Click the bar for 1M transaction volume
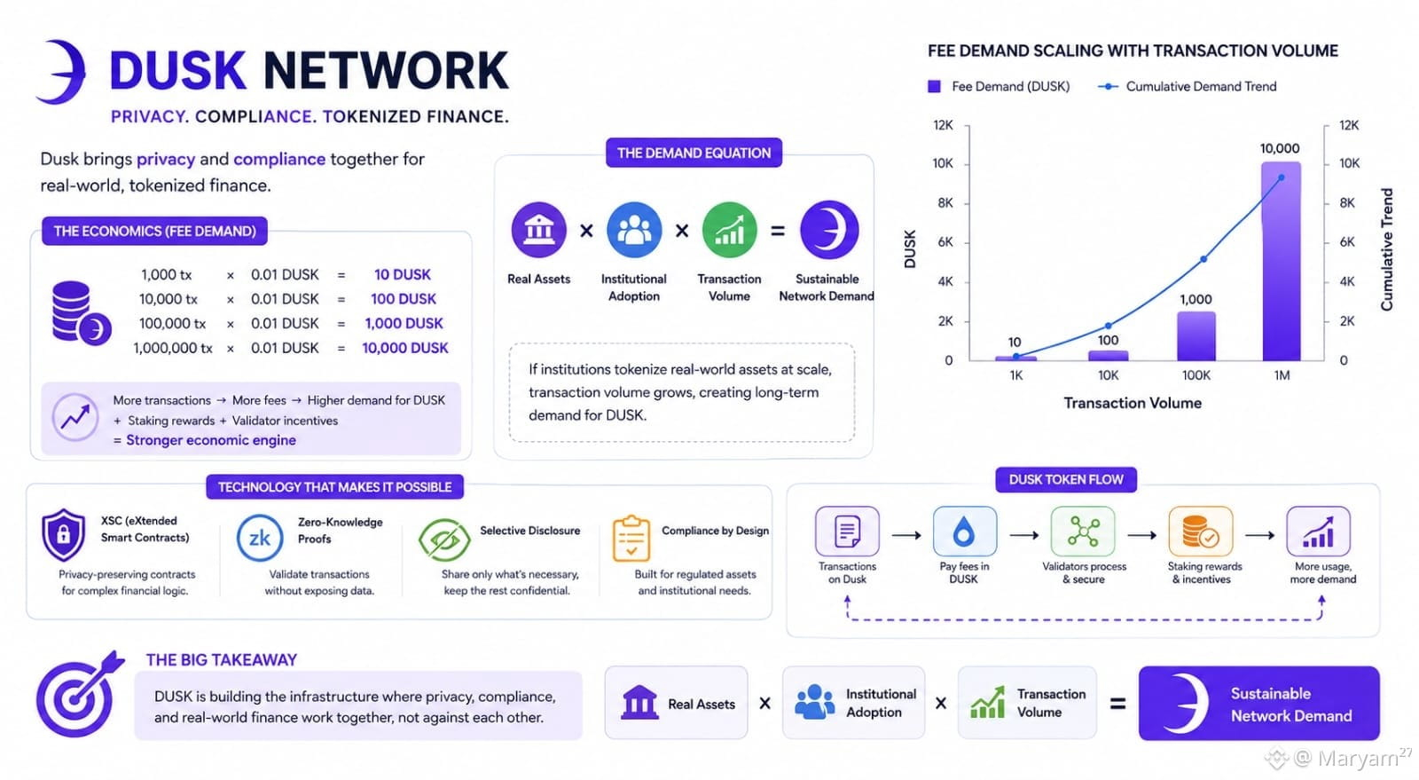(x=1281, y=261)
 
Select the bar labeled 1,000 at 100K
(x=1196, y=335)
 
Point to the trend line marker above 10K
(x=1108, y=326)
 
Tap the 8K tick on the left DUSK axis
(x=945, y=202)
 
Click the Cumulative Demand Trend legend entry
(x=1188, y=86)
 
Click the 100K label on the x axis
(x=1196, y=375)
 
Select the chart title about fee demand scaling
(x=1133, y=51)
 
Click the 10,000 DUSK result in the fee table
(x=404, y=348)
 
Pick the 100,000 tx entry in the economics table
(x=172, y=323)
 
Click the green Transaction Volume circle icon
(x=729, y=230)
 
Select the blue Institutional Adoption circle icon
(x=634, y=230)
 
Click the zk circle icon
(x=260, y=538)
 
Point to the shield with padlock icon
(x=63, y=535)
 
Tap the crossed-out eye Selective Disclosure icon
(x=444, y=540)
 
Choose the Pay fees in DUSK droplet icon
(x=964, y=531)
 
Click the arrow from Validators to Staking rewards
(x=1142, y=535)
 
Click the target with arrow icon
(x=77, y=694)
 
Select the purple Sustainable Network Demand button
(x=1258, y=704)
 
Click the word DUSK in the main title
(x=177, y=70)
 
